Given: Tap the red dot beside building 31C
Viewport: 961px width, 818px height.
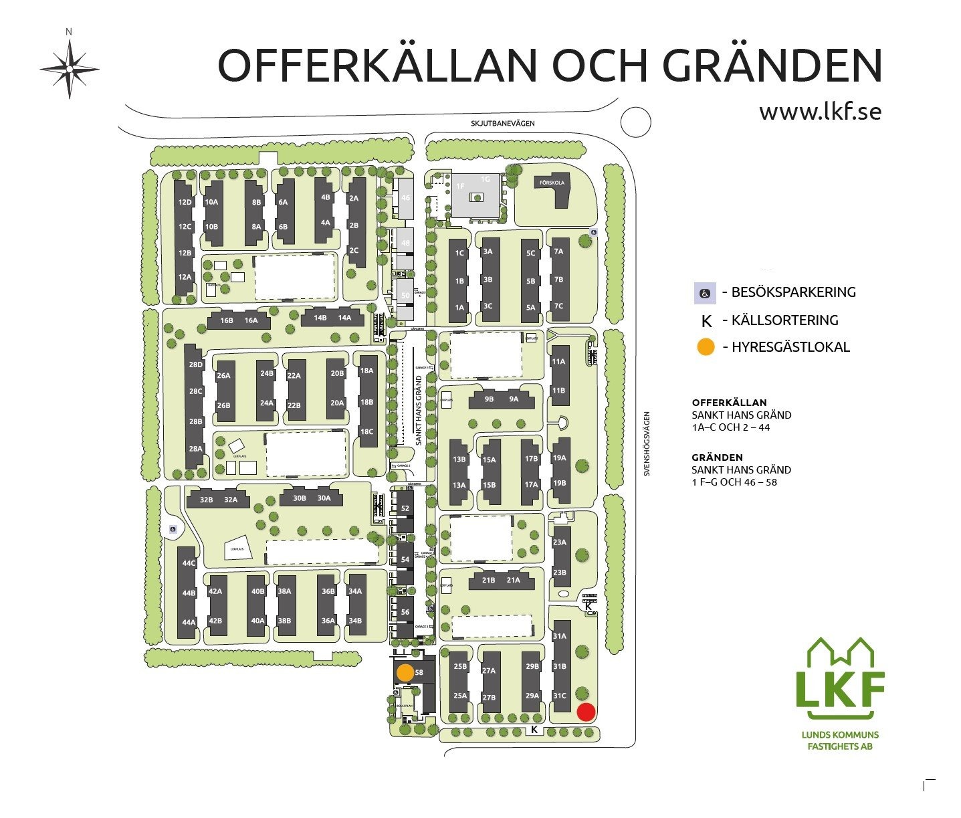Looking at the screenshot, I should [x=586, y=712].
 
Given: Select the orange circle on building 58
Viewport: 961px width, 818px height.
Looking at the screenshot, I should [x=405, y=673].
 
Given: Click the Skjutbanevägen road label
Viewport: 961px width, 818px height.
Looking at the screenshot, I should [x=502, y=123].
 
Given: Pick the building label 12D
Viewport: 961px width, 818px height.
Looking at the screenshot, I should [x=185, y=202].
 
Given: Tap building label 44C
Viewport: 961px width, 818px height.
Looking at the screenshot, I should [x=189, y=563].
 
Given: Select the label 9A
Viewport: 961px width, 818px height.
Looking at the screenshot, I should [x=514, y=399].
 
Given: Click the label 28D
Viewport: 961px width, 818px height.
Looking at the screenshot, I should [x=195, y=365].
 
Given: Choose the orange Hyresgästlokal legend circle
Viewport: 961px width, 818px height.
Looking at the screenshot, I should [x=706, y=347].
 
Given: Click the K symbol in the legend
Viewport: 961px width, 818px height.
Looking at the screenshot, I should [x=706, y=320].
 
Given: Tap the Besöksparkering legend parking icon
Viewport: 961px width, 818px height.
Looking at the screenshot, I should [x=704, y=293].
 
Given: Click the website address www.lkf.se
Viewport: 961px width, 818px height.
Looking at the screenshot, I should [x=819, y=111].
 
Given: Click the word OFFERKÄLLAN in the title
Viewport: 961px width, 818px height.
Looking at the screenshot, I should [x=378, y=65].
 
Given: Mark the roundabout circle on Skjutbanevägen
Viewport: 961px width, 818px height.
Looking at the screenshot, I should [x=635, y=122].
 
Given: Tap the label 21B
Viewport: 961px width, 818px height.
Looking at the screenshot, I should [x=489, y=580].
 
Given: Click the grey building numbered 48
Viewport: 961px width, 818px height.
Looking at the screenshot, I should [x=406, y=243].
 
